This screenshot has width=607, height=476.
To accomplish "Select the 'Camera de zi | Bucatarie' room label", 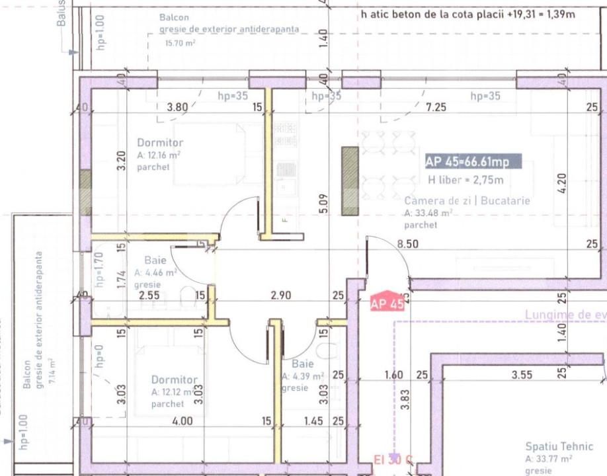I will [x=467, y=201].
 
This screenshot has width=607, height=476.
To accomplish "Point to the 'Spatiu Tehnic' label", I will [x=559, y=447].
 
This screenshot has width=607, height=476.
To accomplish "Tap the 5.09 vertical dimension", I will [x=322, y=204].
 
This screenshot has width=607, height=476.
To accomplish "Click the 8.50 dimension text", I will [x=408, y=244].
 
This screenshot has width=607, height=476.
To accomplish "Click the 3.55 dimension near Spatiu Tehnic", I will [x=522, y=376].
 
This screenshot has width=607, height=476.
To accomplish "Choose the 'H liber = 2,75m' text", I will [x=465, y=180].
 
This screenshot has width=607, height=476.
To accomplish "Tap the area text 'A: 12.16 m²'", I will [x=159, y=155].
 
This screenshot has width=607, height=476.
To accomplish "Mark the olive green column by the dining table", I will [x=350, y=180].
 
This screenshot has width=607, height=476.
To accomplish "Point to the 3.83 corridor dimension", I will [x=406, y=400].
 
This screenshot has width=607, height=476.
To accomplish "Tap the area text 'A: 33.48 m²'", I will [x=428, y=214].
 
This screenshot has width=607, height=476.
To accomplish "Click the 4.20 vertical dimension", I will [x=561, y=183].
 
